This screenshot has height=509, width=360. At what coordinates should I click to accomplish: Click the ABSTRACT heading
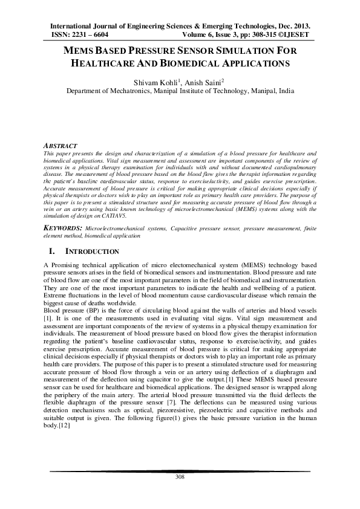(61, 146)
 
